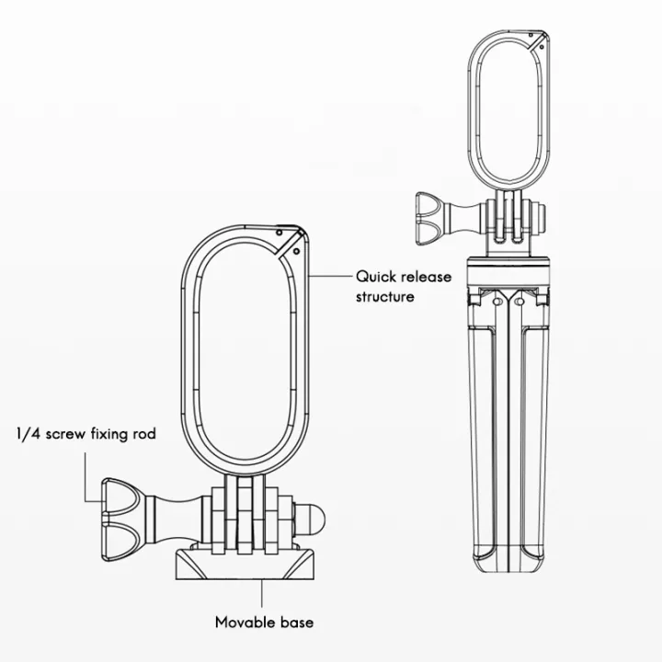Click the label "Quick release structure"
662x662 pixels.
tap(404, 287)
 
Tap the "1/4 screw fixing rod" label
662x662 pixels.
tap(86, 434)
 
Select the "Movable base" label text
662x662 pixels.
tap(264, 622)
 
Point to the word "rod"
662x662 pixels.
tap(144, 434)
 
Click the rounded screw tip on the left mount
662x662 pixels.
tap(312, 518)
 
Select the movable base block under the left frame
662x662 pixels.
tap(245, 564)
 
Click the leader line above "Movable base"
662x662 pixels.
tap(262, 594)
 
